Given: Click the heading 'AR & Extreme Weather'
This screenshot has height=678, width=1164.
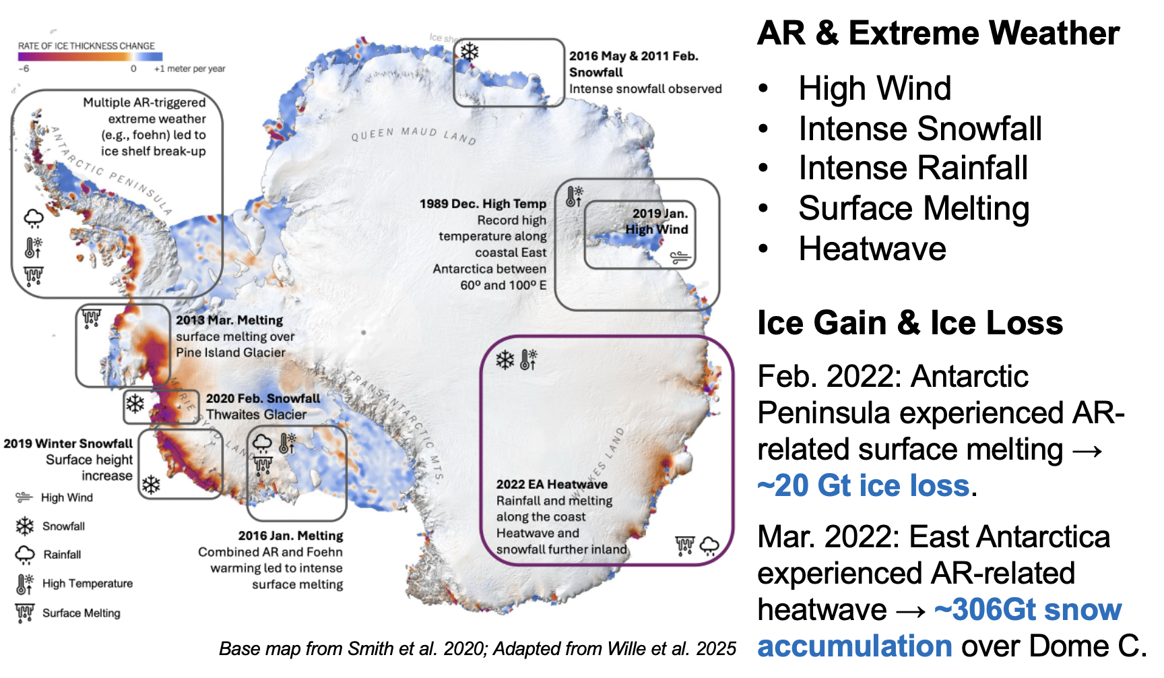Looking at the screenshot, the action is click(938, 33).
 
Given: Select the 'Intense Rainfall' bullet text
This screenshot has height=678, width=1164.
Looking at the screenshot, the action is click(913, 168).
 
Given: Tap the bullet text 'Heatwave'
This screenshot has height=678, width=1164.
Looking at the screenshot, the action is click(872, 249).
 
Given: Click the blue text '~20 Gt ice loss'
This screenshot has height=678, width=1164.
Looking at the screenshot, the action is click(864, 485).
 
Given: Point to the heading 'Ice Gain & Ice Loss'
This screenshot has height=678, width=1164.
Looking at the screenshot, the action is click(910, 323).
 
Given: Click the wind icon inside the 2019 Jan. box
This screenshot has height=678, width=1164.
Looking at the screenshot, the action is click(680, 257).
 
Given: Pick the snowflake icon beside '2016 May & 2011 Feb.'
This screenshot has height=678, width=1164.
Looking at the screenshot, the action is click(470, 52).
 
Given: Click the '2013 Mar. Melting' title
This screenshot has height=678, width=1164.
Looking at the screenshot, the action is click(230, 320).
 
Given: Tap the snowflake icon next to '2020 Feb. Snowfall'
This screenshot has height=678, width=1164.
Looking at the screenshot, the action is click(135, 404).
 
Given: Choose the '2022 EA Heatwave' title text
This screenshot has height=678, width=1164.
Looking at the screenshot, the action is click(552, 484).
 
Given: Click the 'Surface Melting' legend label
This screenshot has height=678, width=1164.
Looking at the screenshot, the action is click(82, 613).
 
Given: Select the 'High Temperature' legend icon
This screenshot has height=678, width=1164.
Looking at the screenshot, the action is click(25, 584).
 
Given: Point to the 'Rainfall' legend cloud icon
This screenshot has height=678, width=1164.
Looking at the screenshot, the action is click(25, 555).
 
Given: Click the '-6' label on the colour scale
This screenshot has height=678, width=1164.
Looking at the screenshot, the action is click(24, 69).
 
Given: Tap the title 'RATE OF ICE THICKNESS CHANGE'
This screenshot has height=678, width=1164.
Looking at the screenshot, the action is click(86, 46).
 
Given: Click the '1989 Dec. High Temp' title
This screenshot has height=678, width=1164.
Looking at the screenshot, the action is click(483, 204).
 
